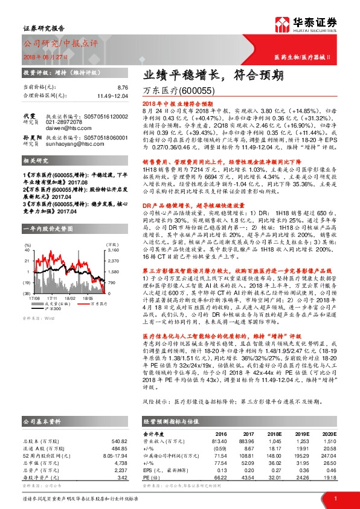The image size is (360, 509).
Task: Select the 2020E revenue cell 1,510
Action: (329, 441)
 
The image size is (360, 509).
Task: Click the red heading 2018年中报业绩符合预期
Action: (175, 104)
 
